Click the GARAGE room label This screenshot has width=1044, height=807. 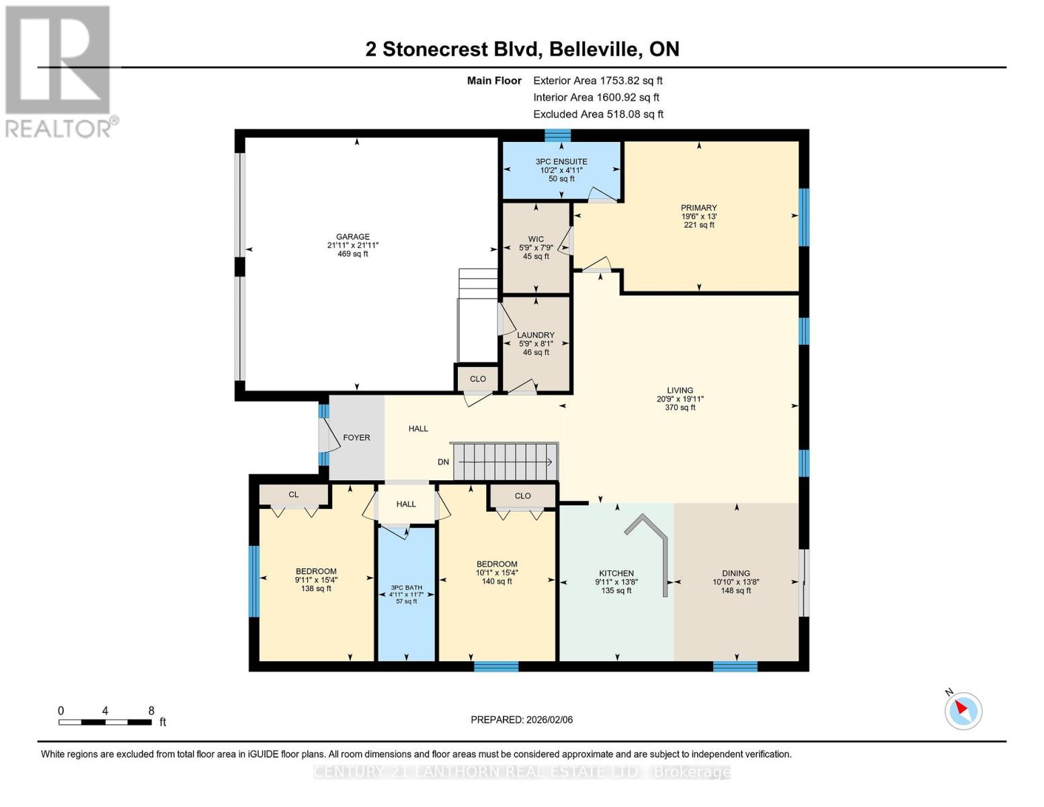pos(353,237)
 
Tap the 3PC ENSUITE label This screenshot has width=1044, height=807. pos(561,162)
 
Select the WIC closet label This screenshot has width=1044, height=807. pos(536,239)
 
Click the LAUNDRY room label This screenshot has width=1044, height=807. pos(536,335)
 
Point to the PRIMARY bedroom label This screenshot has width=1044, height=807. pos(698,208)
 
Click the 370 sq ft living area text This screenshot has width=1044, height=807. pos(680,408)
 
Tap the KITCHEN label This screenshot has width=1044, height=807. pos(616,574)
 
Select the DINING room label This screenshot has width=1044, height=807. pos(736,574)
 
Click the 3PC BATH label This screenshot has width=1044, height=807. pos(406,586)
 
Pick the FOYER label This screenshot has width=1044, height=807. pos(356,438)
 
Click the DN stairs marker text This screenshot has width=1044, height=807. pos(443,462)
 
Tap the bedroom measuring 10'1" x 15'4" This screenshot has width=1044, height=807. pos(497,572)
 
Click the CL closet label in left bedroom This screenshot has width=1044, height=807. pos(294,495)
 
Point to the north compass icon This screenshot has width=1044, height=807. pos(963,710)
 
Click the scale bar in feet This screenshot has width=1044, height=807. pos(105,722)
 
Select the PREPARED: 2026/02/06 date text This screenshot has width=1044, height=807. pos(522,720)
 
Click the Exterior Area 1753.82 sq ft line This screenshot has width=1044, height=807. pos(598,81)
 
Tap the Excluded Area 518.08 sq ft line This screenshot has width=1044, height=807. pos(598,114)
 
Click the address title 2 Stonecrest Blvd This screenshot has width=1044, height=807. pos(522,49)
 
